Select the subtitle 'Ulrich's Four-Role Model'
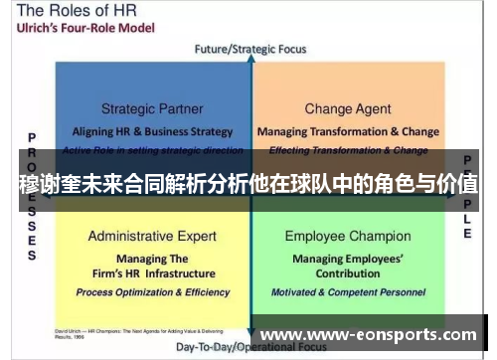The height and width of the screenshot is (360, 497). (77, 31)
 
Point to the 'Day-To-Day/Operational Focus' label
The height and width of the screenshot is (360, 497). (248, 348)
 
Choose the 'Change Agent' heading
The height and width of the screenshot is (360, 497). (348, 109)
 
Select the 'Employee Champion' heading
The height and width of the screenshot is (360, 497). (348, 237)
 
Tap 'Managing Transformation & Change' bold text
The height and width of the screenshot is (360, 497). (348, 131)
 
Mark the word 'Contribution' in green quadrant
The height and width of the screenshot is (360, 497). (348, 273)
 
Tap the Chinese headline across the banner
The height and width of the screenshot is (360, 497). (248, 184)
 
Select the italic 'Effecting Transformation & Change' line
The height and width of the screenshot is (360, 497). (348, 150)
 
